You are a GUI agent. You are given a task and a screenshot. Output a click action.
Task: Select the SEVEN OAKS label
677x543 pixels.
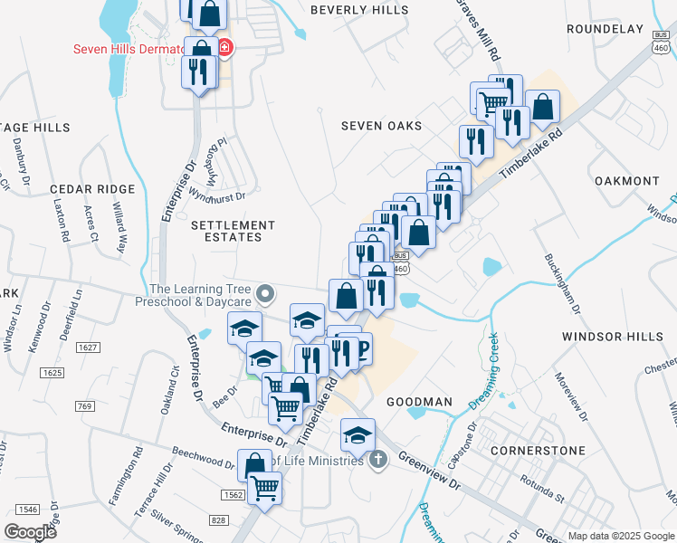coord(381,126)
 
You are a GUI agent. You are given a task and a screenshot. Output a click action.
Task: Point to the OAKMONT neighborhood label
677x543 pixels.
coord(627,181)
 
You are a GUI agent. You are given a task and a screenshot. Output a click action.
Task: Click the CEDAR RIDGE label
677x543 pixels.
coord(92,189)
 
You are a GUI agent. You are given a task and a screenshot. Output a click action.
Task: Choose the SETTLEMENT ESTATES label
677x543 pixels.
coord(234,231)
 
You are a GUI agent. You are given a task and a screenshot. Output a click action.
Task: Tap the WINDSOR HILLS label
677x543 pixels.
coord(613,337)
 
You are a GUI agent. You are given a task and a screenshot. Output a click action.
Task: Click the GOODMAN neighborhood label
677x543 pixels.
coord(419,401)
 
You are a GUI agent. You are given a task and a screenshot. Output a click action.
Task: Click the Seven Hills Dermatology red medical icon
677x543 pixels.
coord(224,48)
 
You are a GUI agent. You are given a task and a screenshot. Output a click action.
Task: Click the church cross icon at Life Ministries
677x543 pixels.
coord(378,460)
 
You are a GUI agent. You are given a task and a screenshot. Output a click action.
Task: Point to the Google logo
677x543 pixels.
coord(30,531)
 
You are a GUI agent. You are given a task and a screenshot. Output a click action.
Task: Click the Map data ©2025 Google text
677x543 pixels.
coord(620,536)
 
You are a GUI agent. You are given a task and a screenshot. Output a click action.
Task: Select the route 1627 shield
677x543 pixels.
coord(88,347)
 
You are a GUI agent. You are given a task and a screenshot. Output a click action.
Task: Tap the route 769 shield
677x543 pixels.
coord(85,406)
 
